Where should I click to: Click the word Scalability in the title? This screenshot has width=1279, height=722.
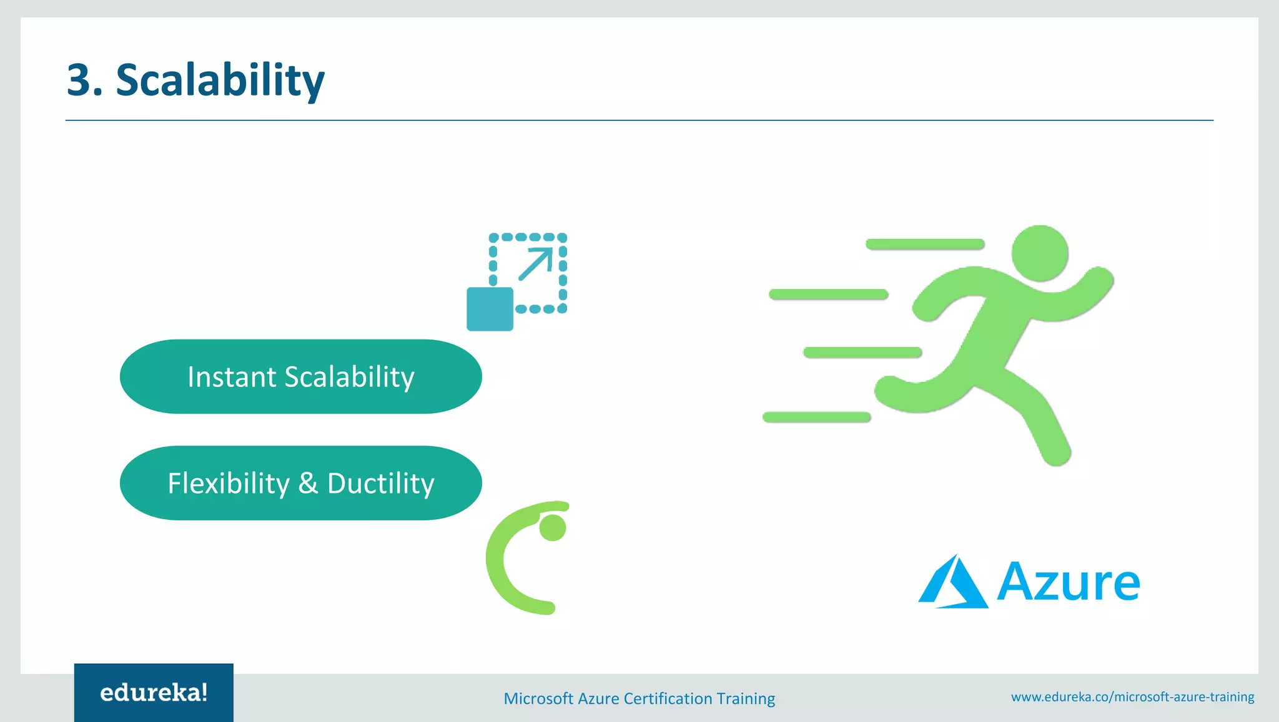pos(220,81)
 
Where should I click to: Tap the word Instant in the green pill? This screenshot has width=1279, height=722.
pos(232,377)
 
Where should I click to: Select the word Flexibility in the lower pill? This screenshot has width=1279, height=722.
pos(229,484)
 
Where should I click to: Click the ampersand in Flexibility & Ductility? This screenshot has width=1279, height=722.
pos(308,484)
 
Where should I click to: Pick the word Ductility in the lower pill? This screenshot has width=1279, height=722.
pos(380,484)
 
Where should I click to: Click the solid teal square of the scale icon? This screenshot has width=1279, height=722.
pos(490,309)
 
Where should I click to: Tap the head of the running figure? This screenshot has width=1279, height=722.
pos(1039,253)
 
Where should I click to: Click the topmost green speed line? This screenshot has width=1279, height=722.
pos(925,244)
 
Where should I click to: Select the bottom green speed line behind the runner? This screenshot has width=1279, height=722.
pos(816,417)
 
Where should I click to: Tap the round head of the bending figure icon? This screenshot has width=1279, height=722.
pos(553,528)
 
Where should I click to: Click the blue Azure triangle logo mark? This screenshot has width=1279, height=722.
pos(953,583)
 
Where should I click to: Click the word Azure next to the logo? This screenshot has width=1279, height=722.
pos(1068,583)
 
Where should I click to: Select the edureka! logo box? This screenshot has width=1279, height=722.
pos(154,692)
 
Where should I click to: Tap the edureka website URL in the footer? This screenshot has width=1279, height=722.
pos(1132,696)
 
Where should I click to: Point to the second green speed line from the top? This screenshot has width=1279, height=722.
pos(828,294)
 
